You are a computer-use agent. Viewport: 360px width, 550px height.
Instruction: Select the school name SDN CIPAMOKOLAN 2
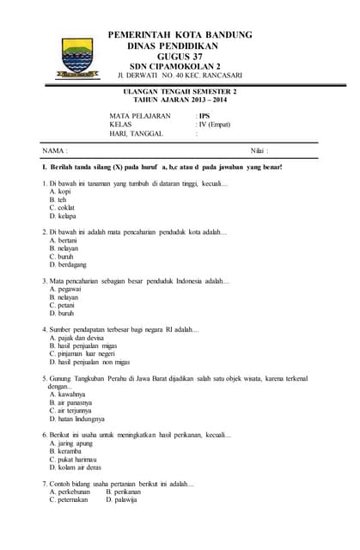[180, 65]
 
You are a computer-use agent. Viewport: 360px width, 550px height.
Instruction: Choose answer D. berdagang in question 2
[69, 265]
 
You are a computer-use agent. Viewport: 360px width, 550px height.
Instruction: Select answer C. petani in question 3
[62, 305]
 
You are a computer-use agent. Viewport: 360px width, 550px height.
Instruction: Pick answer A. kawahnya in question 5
[67, 394]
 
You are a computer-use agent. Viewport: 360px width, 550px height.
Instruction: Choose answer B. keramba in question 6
[66, 451]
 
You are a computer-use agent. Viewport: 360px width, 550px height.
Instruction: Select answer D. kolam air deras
[76, 467]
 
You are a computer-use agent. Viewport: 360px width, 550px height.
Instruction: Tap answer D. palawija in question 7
[121, 499]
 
